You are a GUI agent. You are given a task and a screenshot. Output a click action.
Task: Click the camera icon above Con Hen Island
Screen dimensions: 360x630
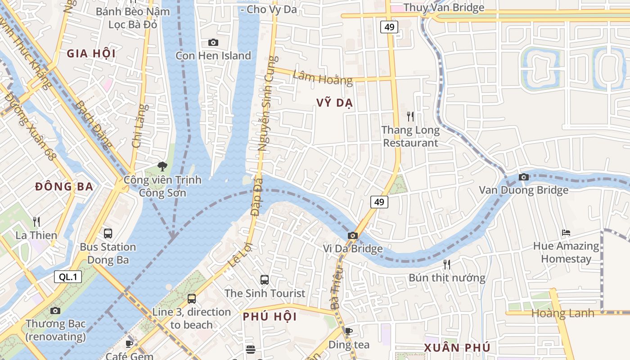213,42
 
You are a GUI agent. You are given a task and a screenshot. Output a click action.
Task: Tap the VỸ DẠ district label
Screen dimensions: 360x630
334,103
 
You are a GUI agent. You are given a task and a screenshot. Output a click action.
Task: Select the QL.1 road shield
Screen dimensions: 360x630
68,277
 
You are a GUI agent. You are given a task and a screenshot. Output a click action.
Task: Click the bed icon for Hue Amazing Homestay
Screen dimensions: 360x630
566,233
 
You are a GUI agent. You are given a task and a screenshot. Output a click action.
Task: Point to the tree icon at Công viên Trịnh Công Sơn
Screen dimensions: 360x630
162,166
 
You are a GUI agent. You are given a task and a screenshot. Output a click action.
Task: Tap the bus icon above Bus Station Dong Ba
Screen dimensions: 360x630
108,233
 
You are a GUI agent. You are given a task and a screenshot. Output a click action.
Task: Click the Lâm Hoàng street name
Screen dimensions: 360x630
322,77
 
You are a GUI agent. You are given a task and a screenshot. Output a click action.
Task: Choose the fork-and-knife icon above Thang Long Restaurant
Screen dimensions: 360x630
410,117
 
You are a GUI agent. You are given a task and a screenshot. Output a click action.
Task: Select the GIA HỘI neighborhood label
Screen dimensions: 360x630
91,54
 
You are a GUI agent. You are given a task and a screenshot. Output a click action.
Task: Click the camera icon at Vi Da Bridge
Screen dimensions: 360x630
353,235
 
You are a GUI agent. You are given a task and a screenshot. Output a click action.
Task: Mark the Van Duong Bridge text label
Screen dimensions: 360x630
523,190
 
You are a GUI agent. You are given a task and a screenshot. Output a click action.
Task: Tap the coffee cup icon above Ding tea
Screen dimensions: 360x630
348,331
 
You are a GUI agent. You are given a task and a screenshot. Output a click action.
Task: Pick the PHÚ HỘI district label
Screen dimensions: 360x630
270,316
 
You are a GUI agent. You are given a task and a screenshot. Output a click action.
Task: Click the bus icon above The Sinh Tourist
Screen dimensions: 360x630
265,279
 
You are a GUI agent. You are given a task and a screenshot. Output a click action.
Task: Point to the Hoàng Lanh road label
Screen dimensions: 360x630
562,313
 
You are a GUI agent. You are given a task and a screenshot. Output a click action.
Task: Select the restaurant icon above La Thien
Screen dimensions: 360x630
36,221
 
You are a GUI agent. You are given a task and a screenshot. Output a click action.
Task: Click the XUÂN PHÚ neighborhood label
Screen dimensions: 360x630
457,347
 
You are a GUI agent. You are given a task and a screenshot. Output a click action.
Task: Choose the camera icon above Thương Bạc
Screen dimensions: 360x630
55,310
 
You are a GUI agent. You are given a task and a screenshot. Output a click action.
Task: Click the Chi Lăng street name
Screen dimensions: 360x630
139,126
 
